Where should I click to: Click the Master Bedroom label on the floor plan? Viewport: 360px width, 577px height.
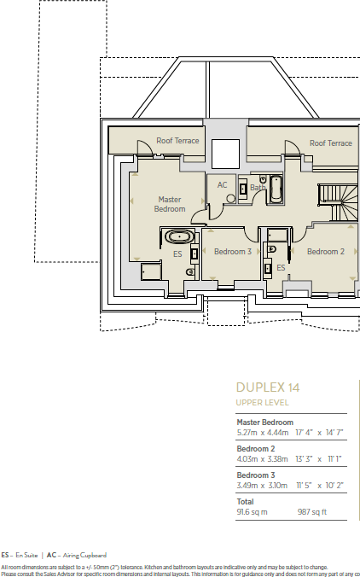coord(170,204)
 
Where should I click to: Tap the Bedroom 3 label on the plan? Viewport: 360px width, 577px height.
coord(232,252)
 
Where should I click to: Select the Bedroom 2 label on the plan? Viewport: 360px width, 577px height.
coord(325,252)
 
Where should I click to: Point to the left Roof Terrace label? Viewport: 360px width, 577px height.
coord(177,140)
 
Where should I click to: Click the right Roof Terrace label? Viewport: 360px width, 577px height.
coord(330,143)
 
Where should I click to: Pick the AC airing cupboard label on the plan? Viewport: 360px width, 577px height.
coord(223,184)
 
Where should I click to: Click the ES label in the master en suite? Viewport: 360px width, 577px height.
coord(177,254)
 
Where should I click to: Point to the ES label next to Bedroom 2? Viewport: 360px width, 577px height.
coord(280,267)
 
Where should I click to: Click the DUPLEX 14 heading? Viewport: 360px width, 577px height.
coord(268,388)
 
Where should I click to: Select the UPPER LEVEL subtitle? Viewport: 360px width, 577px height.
coord(262,402)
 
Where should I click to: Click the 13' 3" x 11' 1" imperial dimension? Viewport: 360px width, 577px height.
coord(317,458)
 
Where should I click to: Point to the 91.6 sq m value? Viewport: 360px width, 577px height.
coord(252,512)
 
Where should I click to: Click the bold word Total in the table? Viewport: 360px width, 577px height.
coord(245,502)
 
